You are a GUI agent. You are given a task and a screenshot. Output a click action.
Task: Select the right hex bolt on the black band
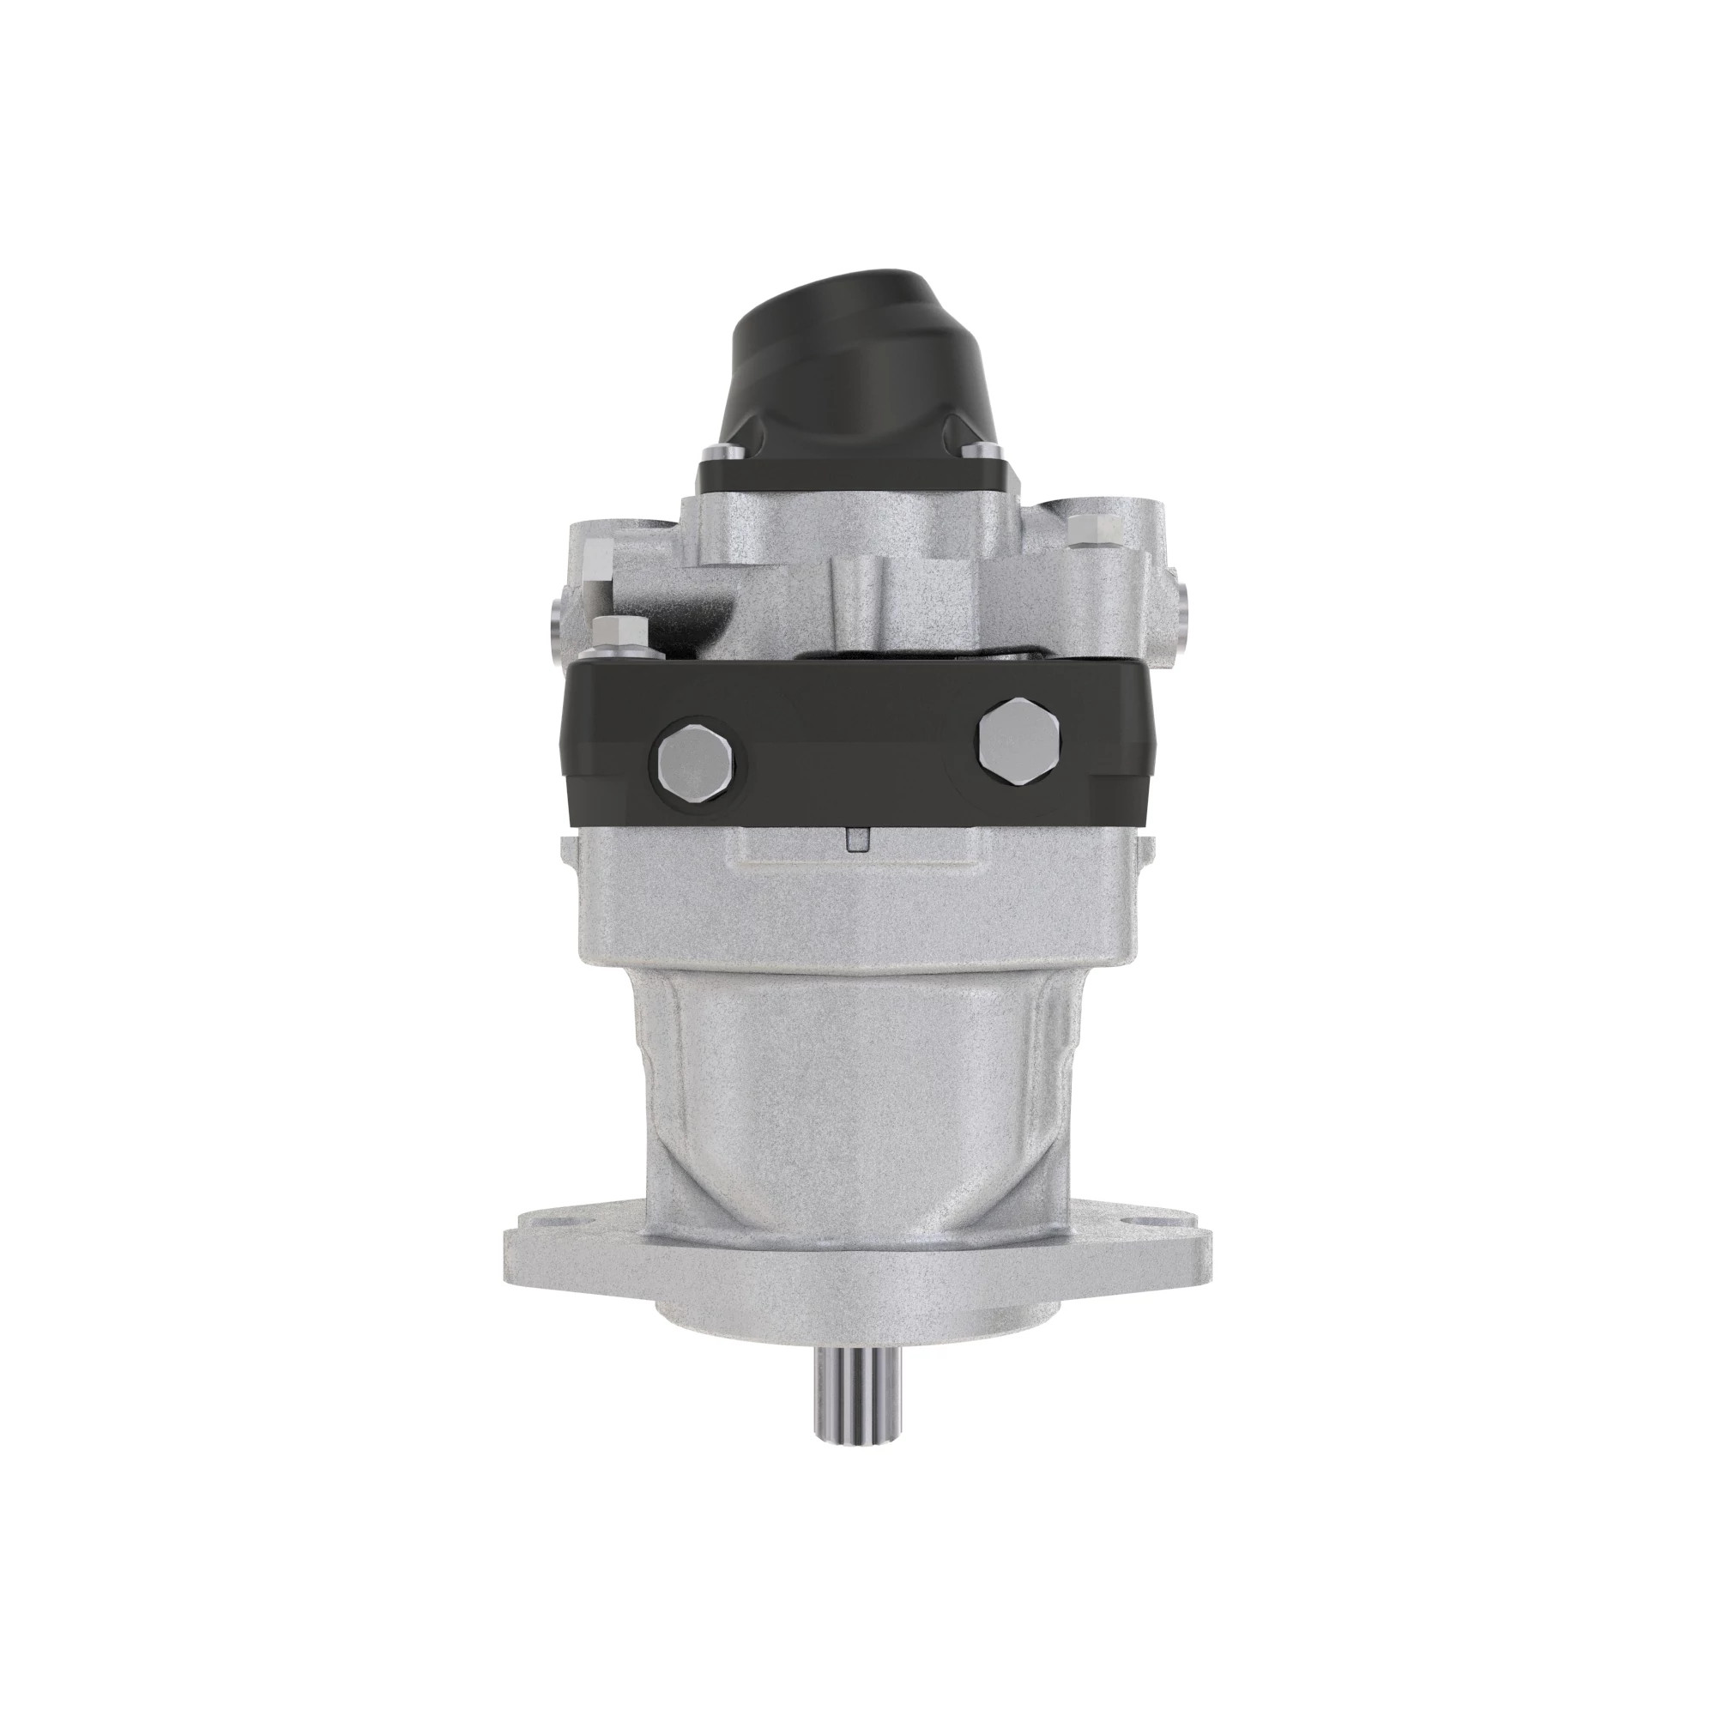(1017, 731)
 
